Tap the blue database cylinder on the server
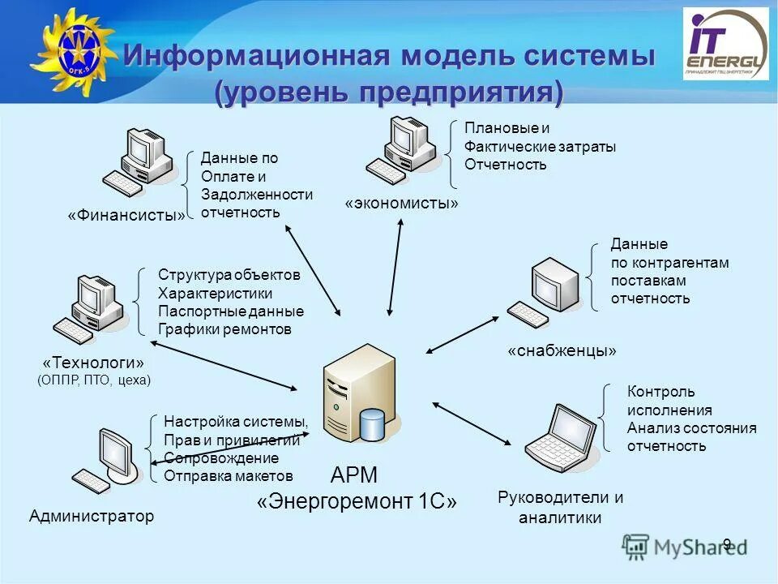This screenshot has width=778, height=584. pyautogui.click(x=372, y=425)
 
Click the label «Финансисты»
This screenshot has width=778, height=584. pyautogui.click(x=126, y=215)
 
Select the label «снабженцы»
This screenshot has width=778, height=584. pyautogui.click(x=562, y=351)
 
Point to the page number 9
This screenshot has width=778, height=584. pyautogui.click(x=727, y=543)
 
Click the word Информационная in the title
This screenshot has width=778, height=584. pyautogui.click(x=260, y=57)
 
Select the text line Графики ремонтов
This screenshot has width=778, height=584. pyautogui.click(x=224, y=329)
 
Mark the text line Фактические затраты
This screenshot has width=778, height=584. pyautogui.click(x=540, y=147)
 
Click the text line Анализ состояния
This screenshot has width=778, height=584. pyautogui.click(x=691, y=428)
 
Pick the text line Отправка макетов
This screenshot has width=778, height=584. pyautogui.click(x=229, y=476)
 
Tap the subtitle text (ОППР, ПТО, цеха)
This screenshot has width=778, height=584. pyautogui.click(x=94, y=379)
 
